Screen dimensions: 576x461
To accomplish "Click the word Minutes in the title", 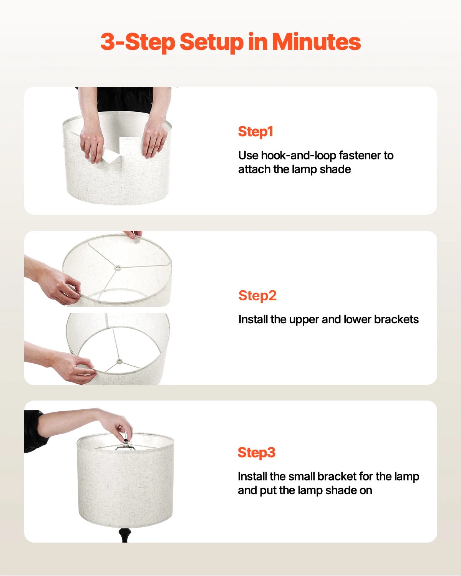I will point(316,41).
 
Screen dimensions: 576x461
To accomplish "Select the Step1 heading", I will point(255,132).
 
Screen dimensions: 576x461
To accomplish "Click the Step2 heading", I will point(257,296).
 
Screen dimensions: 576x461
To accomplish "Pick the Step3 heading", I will point(257,453).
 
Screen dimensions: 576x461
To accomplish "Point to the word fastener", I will point(360,156).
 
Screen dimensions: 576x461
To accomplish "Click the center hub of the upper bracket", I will point(118,268).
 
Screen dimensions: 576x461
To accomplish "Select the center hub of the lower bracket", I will point(119,361).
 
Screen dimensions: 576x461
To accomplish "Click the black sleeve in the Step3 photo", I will point(35,430).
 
